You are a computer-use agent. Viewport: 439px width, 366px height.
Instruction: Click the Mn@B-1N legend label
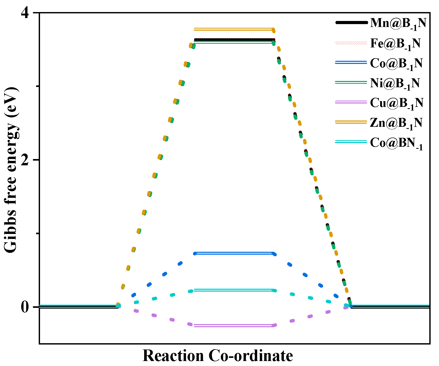pyautogui.click(x=398, y=23)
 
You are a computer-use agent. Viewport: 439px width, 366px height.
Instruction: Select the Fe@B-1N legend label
pyautogui.click(x=395, y=43)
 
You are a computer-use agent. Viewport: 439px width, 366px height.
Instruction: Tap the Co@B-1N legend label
pyautogui.click(x=396, y=63)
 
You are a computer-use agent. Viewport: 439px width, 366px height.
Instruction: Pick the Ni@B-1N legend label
pyautogui.click(x=395, y=83)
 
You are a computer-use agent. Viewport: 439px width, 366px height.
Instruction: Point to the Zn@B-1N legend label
pyautogui.click(x=396, y=123)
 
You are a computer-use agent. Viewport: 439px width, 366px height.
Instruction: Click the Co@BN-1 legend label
pyautogui.click(x=396, y=143)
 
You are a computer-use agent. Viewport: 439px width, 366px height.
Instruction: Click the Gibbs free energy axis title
pyautogui.click(x=11, y=170)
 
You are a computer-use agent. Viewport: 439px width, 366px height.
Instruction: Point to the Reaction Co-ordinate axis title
pyautogui.click(x=218, y=356)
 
